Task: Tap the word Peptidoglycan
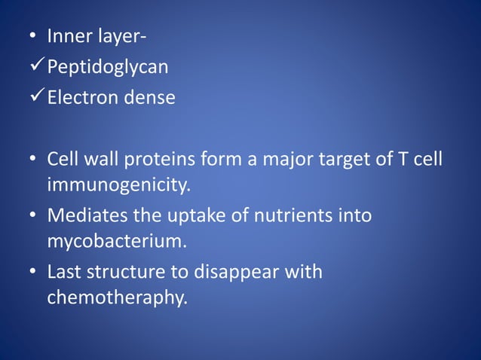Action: [x=108, y=68]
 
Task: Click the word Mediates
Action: [x=81, y=216]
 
